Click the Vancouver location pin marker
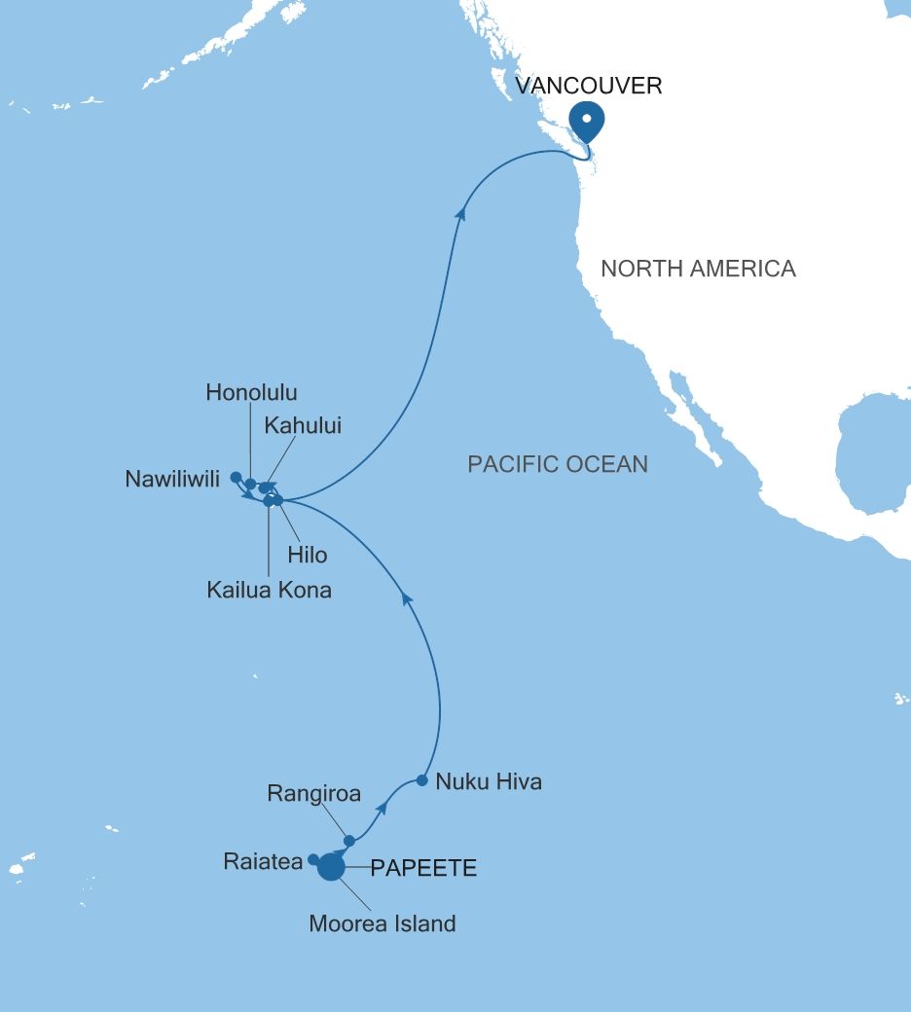[587, 121]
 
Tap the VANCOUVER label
[589, 86]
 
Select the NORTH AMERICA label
[698, 269]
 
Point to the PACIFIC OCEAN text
[558, 464]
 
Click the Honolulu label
[251, 393]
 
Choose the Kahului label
[303, 425]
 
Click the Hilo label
[307, 556]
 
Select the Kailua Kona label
[269, 590]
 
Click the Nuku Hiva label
[488, 781]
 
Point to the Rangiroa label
[313, 794]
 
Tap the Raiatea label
[262, 861]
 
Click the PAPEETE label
[423, 869]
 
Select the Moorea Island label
[382, 923]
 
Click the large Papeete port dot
[332, 867]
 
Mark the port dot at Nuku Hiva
[421, 780]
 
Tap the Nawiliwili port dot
[236, 477]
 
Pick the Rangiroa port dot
[349, 841]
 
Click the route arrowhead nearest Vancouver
[460, 212]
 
